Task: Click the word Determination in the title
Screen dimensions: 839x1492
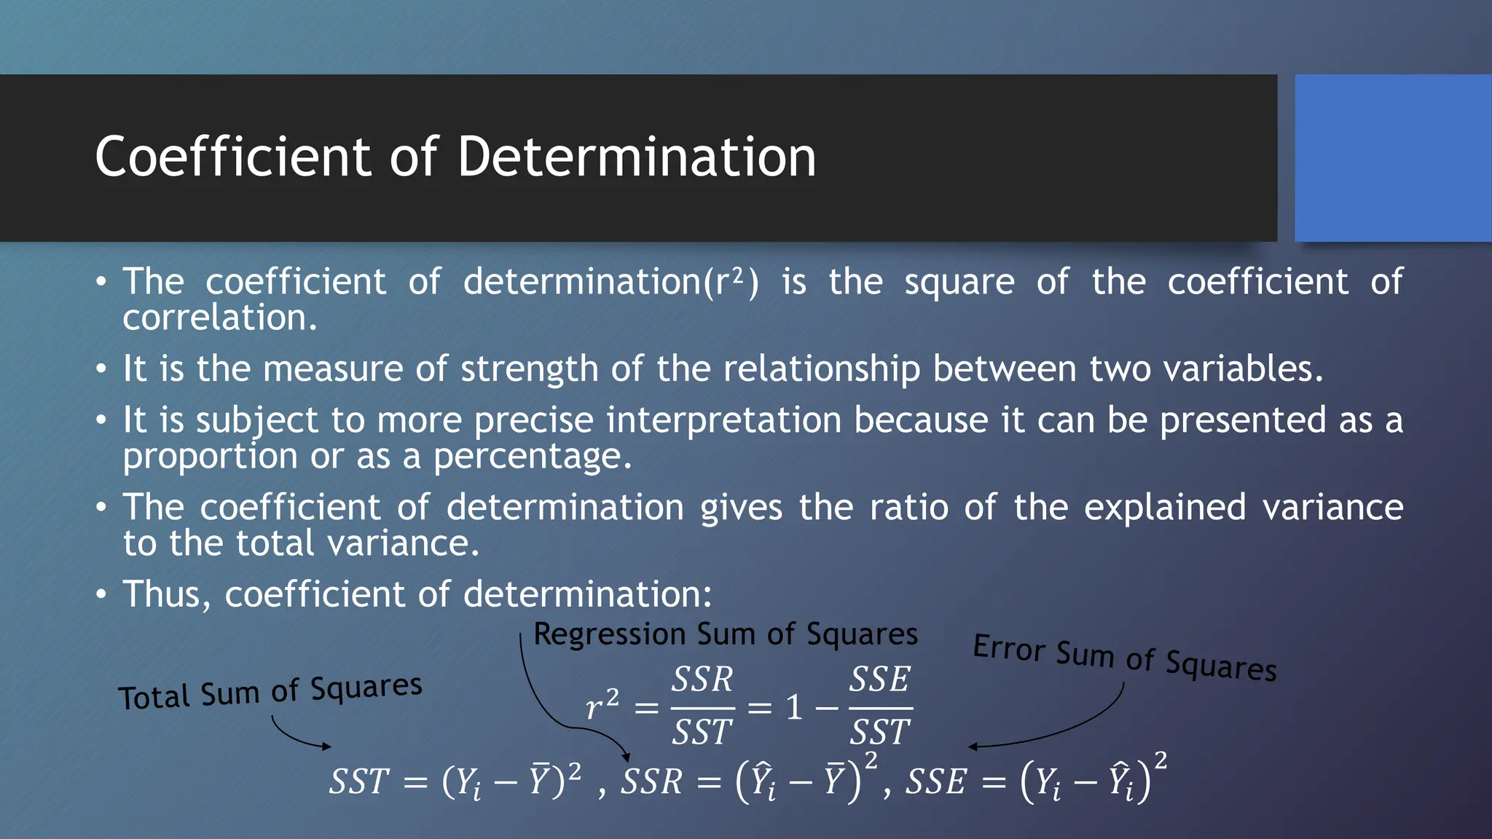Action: coord(637,157)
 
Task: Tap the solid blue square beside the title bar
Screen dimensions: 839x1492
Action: coord(1392,158)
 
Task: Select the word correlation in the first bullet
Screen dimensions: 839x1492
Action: coord(219,318)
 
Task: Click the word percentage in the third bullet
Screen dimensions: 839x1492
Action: coord(532,457)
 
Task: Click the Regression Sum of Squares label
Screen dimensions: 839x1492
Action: coord(726,634)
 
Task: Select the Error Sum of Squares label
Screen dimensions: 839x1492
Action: coord(1125,658)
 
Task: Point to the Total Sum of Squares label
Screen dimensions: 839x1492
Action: coord(270,692)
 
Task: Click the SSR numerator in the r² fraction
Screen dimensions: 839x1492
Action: coord(702,680)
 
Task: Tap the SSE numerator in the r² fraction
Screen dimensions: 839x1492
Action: coord(880,680)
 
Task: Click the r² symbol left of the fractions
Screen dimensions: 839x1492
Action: coord(602,705)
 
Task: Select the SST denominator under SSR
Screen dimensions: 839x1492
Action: coord(702,731)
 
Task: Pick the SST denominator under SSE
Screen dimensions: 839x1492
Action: coord(880,731)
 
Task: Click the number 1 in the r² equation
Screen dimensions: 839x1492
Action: coord(794,707)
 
